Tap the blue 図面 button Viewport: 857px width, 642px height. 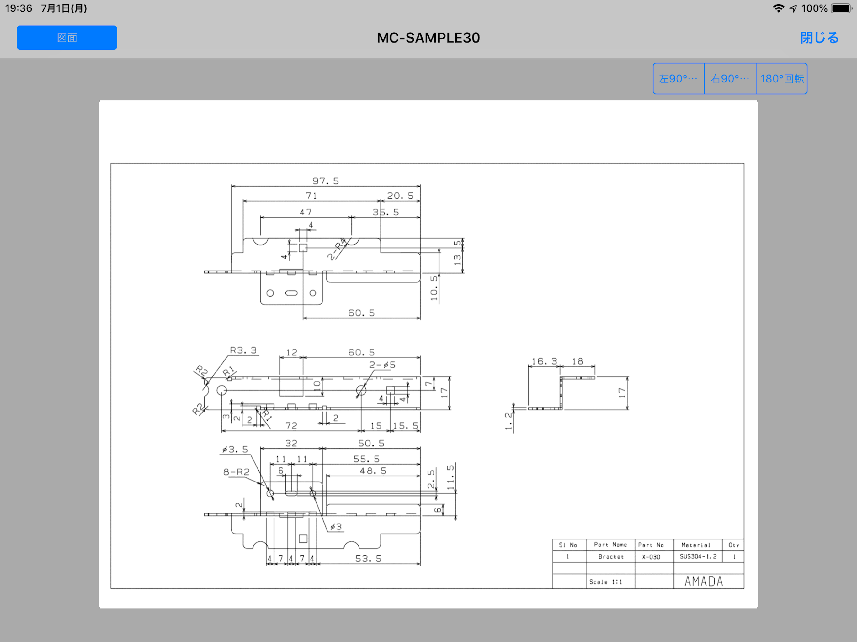point(67,38)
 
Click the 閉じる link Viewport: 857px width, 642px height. point(819,38)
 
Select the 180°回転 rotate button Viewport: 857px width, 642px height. point(782,79)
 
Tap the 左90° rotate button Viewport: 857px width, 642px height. point(679,79)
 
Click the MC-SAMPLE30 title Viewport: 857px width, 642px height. point(428,38)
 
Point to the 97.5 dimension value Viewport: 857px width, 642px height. point(325,181)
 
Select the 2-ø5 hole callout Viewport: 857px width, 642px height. point(382,365)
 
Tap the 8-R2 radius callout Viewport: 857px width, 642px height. point(236,472)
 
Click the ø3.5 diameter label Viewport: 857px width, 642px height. point(235,449)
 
